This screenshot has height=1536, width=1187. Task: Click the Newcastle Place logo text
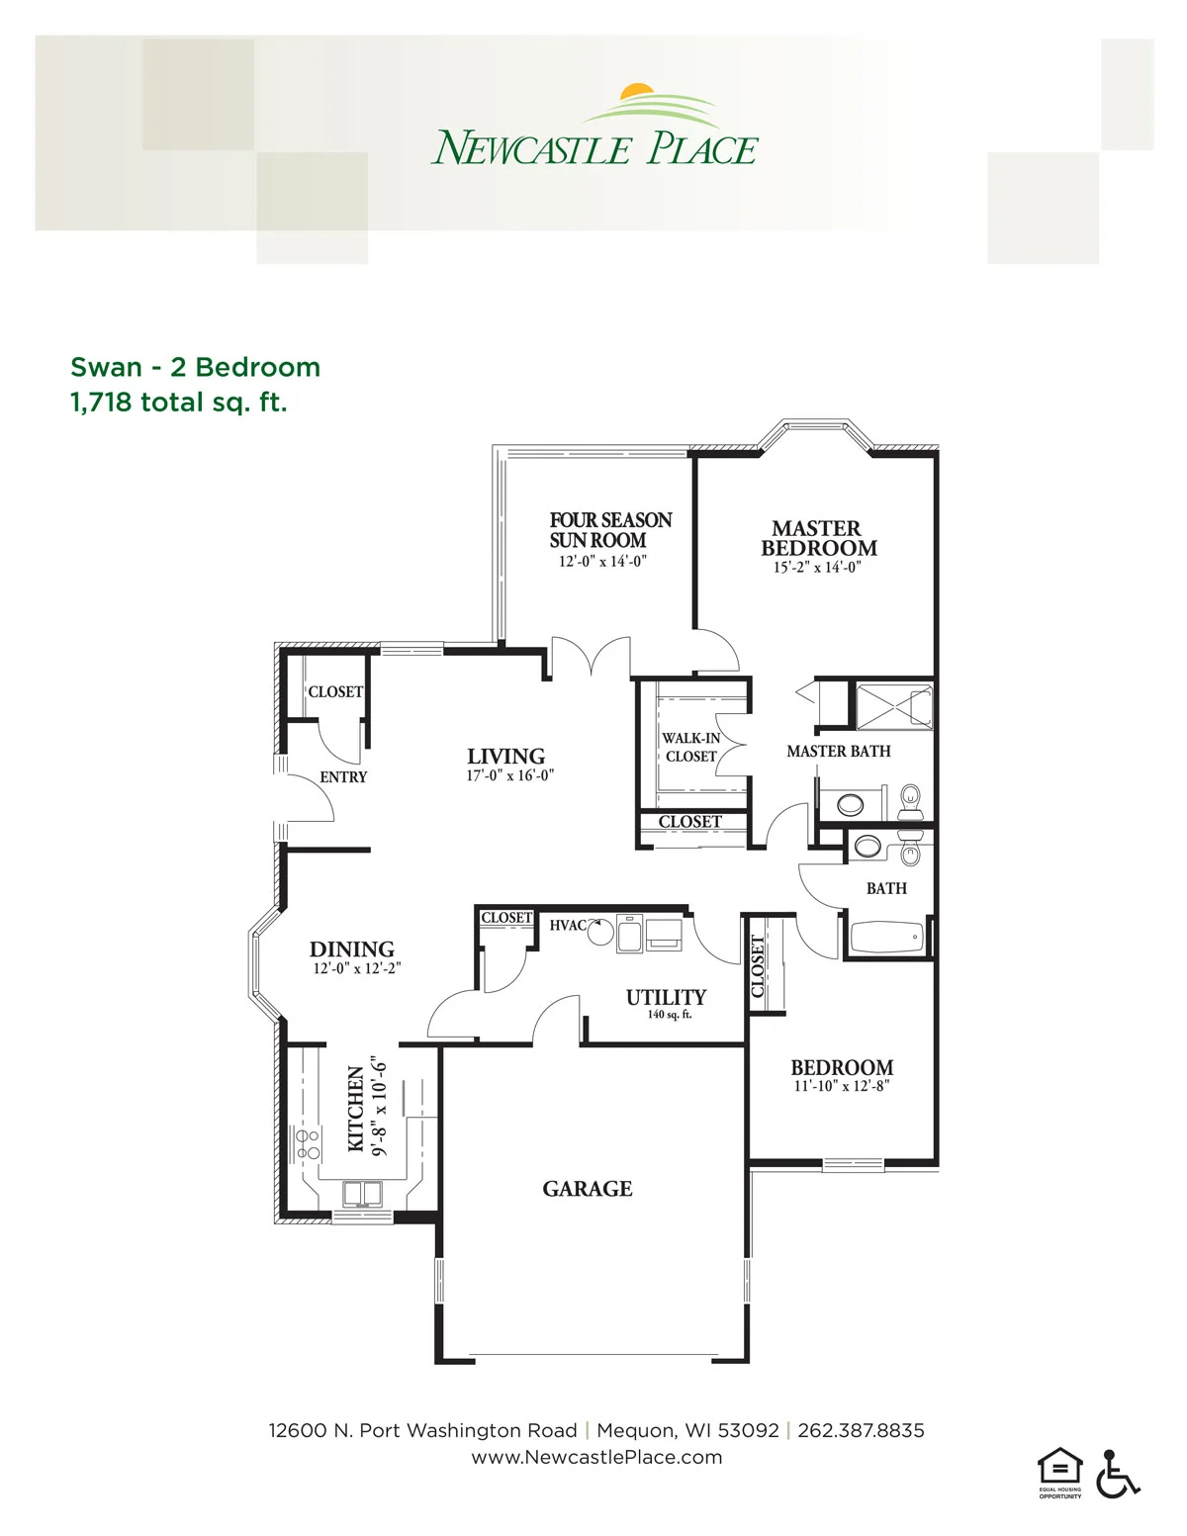[x=593, y=148]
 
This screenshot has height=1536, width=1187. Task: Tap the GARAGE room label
[x=588, y=1189]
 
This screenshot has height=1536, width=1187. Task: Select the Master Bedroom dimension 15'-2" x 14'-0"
[x=817, y=567]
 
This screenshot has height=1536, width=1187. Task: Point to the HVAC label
[x=568, y=926]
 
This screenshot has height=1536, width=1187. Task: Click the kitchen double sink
[x=362, y=1194]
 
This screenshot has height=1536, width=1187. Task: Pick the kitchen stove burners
[x=309, y=1144]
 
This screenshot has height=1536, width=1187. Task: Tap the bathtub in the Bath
[x=886, y=938]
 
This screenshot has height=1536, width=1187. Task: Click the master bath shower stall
[x=894, y=705]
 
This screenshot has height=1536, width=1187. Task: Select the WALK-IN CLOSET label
[x=690, y=747]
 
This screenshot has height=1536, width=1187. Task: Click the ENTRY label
[x=343, y=776]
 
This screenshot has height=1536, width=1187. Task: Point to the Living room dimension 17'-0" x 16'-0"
[x=509, y=775]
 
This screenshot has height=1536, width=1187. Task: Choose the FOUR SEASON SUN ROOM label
[x=611, y=530]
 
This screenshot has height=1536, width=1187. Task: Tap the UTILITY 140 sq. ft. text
[x=666, y=1004]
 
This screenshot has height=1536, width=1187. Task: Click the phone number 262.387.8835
[x=861, y=1431]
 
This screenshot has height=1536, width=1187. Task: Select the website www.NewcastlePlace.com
[x=596, y=1457]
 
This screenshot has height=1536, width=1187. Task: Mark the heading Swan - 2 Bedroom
[x=195, y=367]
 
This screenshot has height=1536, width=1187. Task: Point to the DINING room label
[x=351, y=949]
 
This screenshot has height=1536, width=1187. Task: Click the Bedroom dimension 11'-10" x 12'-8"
[x=842, y=1086]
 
